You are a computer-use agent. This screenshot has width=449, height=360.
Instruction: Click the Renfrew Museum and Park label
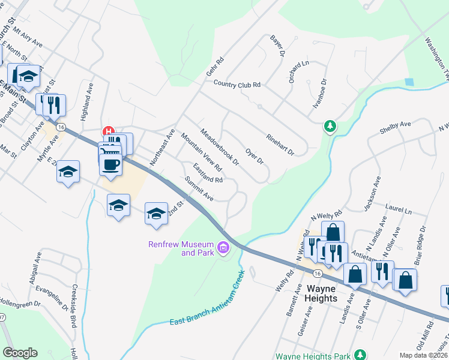tap(181, 248)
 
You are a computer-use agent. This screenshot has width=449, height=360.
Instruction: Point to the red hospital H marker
tap(109, 130)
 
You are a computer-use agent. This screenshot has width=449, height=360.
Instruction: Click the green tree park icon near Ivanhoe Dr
tap(329, 126)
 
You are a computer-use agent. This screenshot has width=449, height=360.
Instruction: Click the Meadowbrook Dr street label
tap(220, 148)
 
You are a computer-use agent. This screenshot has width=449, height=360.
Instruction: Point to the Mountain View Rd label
tap(201, 152)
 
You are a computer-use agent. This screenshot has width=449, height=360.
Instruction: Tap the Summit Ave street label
tap(199, 188)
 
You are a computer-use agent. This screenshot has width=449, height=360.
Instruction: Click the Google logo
tap(20, 353)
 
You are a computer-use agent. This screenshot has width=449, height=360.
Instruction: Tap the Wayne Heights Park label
tap(314, 356)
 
